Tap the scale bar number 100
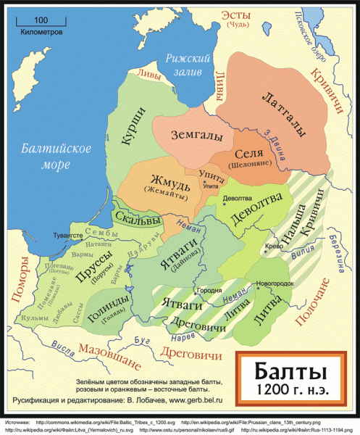[41, 20]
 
